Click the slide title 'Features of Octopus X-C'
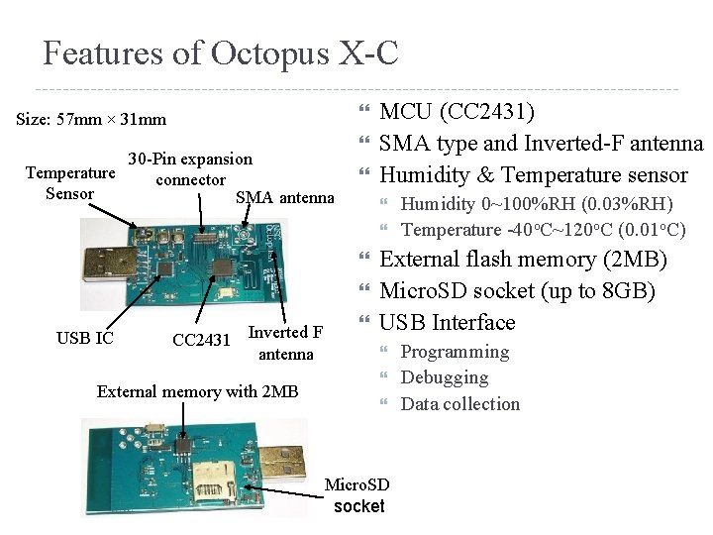click(x=220, y=53)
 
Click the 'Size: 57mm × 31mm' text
click(x=91, y=120)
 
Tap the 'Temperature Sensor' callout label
click(x=69, y=183)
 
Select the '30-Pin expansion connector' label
click(x=190, y=169)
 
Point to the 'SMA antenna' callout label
click(x=285, y=197)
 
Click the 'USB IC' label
click(x=85, y=339)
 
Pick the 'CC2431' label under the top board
click(x=201, y=341)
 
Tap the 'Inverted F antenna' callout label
click(x=285, y=343)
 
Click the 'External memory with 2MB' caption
click(x=197, y=391)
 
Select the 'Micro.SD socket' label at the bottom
click(x=357, y=495)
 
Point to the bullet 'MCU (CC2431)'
click(x=458, y=112)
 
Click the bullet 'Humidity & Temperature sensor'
click(x=533, y=175)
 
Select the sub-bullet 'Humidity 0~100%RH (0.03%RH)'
click(x=537, y=204)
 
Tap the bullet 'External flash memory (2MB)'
click(x=524, y=260)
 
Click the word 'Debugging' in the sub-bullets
click(x=445, y=377)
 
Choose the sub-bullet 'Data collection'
click(x=459, y=403)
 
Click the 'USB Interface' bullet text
click(x=448, y=322)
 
